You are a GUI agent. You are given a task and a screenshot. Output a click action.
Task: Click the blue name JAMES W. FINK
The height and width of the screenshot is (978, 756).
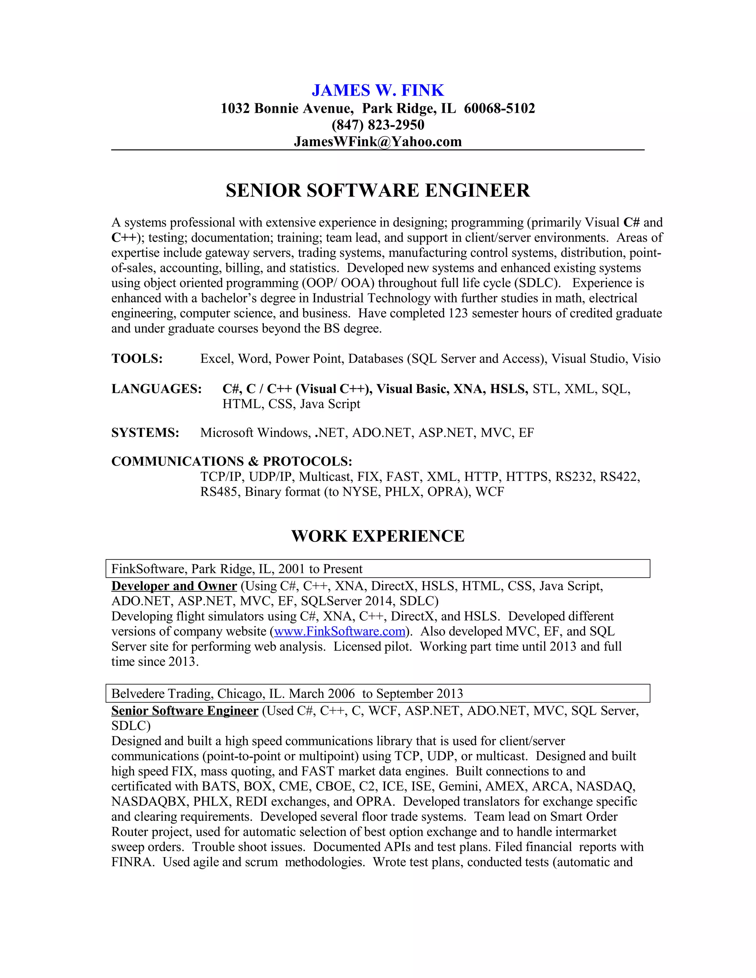tap(378, 90)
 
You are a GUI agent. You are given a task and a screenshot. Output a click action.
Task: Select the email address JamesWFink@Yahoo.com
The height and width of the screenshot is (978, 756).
tap(378, 141)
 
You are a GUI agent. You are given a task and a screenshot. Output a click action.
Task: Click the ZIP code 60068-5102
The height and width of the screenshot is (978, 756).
tap(499, 109)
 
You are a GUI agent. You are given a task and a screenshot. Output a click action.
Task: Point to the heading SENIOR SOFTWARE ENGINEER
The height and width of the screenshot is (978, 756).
tap(378, 190)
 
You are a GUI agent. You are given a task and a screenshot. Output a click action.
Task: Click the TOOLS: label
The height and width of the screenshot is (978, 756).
tap(137, 359)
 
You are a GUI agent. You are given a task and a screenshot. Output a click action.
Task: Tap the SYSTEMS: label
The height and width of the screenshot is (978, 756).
tap(145, 433)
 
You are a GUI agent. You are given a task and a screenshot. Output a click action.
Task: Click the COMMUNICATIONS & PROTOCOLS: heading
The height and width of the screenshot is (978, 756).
tap(231, 461)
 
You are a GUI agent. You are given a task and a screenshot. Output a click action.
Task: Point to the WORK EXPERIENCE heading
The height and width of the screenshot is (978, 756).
tap(378, 536)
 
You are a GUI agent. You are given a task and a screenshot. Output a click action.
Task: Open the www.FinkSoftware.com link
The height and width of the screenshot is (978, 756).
tap(340, 631)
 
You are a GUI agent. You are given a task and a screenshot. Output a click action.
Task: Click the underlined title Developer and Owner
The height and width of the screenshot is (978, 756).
tap(174, 586)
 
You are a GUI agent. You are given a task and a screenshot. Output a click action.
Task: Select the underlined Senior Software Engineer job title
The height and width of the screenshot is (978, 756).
tap(185, 711)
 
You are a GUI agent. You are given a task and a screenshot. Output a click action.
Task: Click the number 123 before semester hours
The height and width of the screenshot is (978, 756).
tap(458, 313)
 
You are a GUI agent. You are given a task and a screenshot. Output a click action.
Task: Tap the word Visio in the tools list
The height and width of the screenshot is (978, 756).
tap(646, 359)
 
